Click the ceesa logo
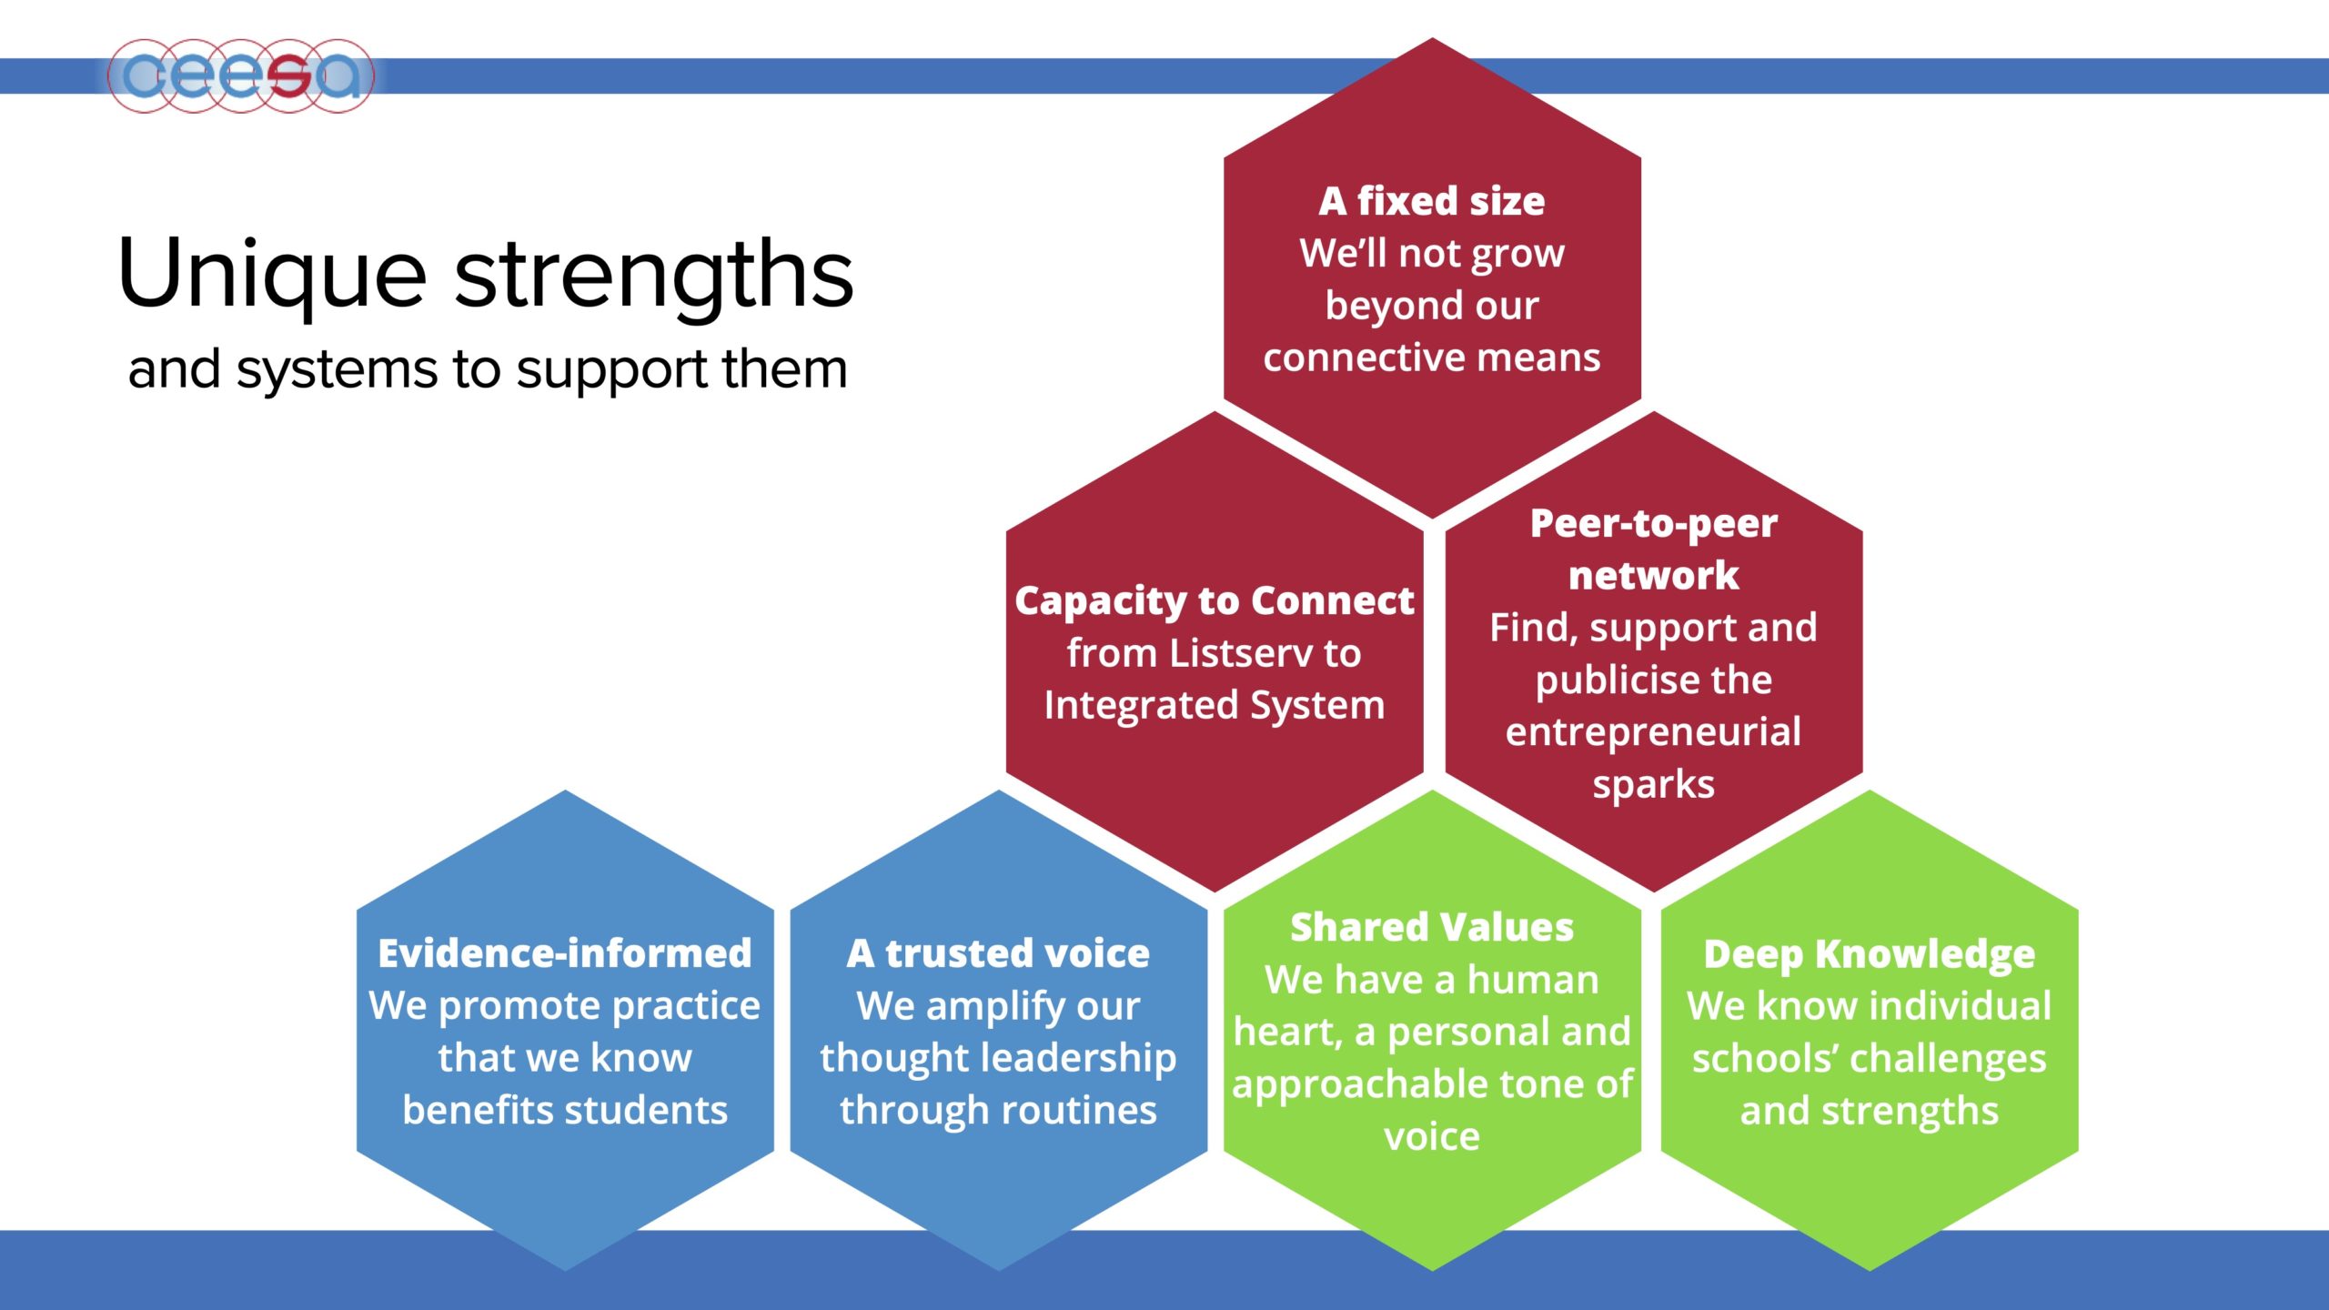click(x=241, y=76)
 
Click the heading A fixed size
click(x=1432, y=201)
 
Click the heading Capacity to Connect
click(x=1215, y=600)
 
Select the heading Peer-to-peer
click(x=1654, y=523)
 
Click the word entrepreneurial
click(x=1653, y=732)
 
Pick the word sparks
click(x=1653, y=785)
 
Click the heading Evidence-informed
click(x=565, y=953)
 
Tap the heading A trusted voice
click(x=998, y=953)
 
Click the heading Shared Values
click(x=1432, y=927)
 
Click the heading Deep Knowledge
click(x=1870, y=955)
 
